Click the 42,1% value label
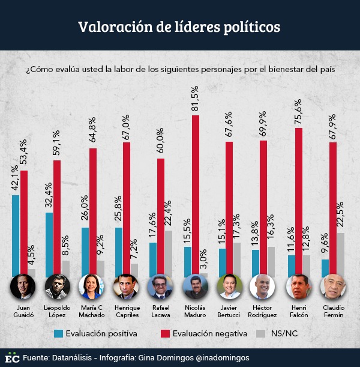click(x=16, y=180)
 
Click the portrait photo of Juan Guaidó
click(x=23, y=287)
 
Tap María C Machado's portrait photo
click(x=91, y=287)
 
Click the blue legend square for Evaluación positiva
click(x=58, y=333)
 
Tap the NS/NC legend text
click(x=284, y=333)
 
